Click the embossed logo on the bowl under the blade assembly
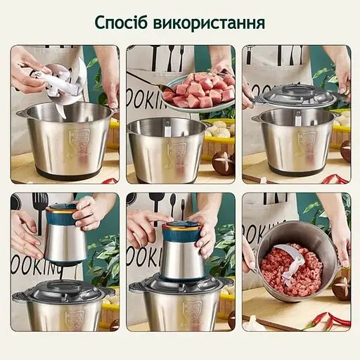coord(61,137)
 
